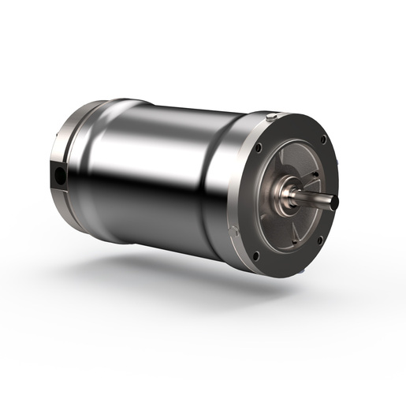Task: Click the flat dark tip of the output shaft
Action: click(x=334, y=203)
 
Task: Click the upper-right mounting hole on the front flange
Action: click(x=323, y=140)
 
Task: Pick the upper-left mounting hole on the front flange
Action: click(x=259, y=147)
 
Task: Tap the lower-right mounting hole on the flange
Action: click(x=319, y=241)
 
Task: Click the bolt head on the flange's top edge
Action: click(x=271, y=117)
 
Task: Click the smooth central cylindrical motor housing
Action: click(x=158, y=173)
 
